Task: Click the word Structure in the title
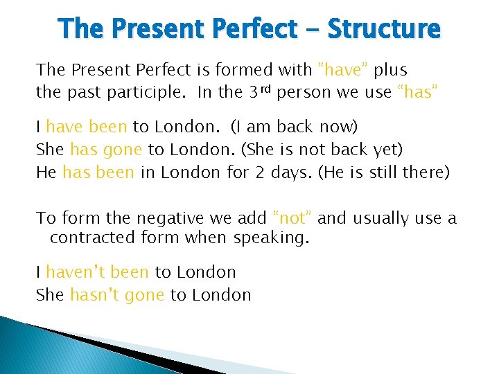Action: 383,29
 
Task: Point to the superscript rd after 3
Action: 264,88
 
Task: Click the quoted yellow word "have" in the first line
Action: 344,70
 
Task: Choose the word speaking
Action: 272,238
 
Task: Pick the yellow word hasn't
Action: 95,294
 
